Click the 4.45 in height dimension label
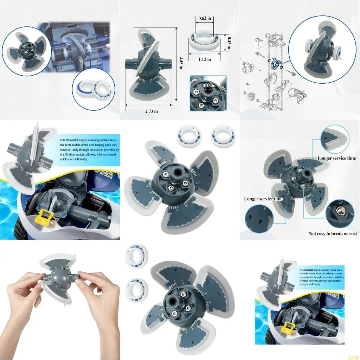pyautogui.click(x=181, y=63)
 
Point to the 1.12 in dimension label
pyautogui.click(x=204, y=59)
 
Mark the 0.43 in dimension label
pyautogui.click(x=229, y=43)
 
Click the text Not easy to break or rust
pyautogui.click(x=333, y=233)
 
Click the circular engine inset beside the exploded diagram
pyautogui.click(x=319, y=48)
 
